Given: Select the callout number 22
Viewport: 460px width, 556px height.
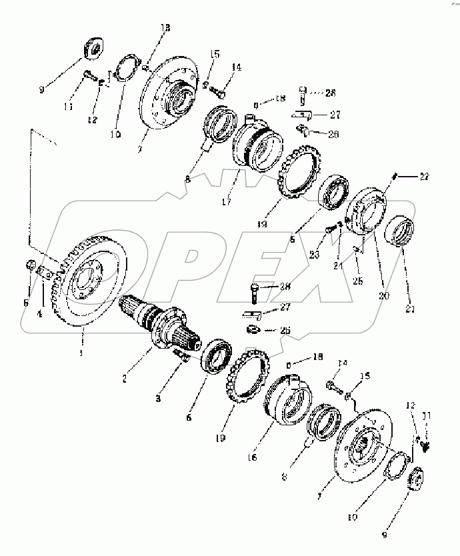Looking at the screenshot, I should (x=424, y=177).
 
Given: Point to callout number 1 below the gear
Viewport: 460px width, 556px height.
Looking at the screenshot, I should (x=81, y=353).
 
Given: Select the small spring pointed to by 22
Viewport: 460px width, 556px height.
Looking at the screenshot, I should (x=395, y=177).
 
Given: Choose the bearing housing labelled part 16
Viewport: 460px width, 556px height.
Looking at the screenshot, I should (x=287, y=401).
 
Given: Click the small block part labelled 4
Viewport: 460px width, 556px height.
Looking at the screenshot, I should (x=45, y=273).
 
